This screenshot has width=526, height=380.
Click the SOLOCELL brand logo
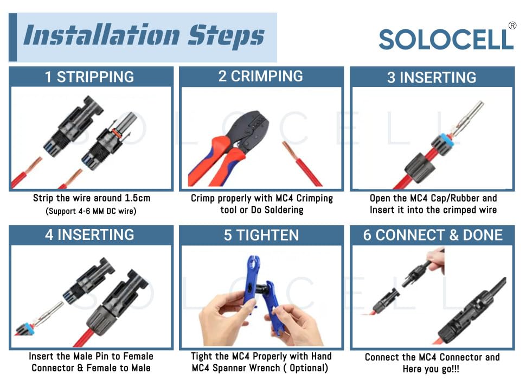click(x=446, y=39)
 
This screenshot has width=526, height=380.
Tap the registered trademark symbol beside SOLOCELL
click(x=512, y=26)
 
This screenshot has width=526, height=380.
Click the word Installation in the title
click(x=101, y=35)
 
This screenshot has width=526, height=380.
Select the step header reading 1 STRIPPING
click(x=89, y=77)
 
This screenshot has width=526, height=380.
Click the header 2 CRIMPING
click(x=261, y=76)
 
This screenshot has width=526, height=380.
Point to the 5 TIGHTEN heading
click(x=261, y=235)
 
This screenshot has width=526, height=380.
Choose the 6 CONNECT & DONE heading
click(x=433, y=235)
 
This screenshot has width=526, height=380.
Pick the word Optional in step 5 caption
click(x=309, y=368)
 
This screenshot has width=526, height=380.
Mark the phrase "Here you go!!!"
click(x=431, y=369)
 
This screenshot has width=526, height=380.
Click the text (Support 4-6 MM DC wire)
click(x=91, y=211)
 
